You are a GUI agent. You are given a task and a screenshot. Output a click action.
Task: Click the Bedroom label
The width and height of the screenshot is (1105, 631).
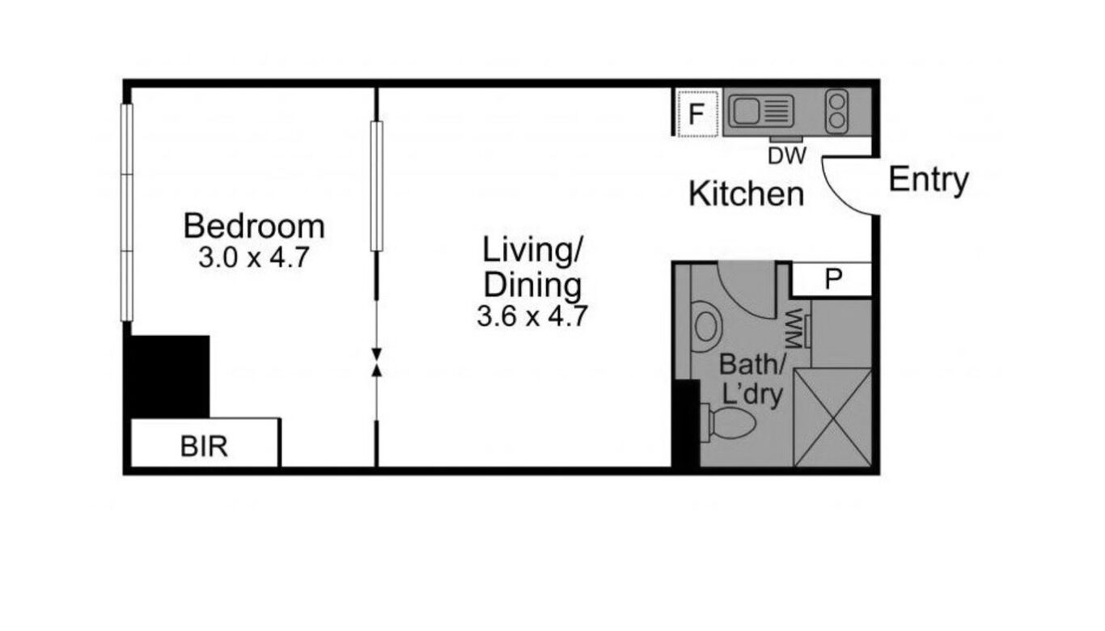[x=254, y=227]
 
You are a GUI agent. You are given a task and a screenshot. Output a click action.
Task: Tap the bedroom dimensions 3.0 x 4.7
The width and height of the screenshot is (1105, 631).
[x=253, y=257]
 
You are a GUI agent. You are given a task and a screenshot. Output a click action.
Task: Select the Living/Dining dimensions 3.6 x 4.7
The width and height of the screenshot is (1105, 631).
[x=531, y=315]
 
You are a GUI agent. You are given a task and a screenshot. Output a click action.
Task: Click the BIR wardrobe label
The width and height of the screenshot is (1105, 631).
[x=204, y=447]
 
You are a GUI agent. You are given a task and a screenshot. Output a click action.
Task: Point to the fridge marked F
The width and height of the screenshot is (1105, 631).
[x=697, y=113]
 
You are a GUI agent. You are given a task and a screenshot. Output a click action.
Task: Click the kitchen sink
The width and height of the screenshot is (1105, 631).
[x=761, y=111]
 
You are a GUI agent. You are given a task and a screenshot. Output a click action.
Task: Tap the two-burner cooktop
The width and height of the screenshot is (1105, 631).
[x=836, y=111]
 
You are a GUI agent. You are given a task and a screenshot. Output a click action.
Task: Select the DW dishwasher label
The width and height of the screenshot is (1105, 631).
[x=787, y=156]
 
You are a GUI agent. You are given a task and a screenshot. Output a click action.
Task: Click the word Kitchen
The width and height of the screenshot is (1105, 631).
[x=746, y=194]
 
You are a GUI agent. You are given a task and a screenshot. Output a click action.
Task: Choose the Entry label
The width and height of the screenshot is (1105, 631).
[x=929, y=180]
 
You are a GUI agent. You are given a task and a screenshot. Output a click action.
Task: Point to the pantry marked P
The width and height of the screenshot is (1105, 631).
[x=832, y=279]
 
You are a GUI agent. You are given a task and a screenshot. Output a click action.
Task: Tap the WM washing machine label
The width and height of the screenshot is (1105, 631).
[x=794, y=329]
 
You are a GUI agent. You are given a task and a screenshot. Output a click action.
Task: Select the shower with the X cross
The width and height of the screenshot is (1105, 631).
[x=832, y=417]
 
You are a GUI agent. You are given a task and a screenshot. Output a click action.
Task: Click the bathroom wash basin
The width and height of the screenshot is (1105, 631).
[x=705, y=327]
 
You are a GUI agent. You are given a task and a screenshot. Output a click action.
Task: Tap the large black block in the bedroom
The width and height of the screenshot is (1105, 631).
[x=170, y=376]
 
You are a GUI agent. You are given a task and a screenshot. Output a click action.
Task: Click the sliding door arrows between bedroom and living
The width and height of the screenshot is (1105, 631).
[x=376, y=362]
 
